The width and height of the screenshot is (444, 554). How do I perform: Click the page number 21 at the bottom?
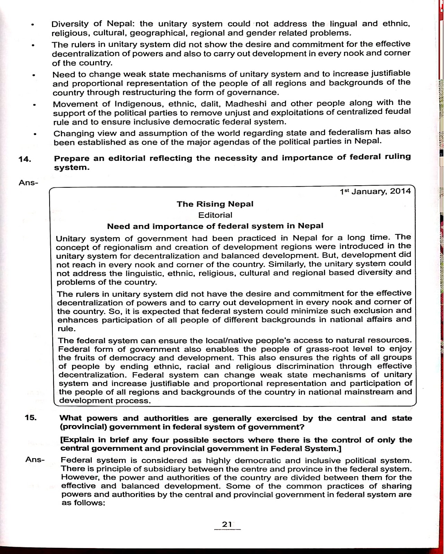(x=227, y=524)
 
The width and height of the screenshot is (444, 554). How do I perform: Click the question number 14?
(x=25, y=159)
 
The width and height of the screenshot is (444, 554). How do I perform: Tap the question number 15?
(x=31, y=418)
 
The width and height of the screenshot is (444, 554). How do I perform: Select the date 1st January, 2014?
(x=375, y=191)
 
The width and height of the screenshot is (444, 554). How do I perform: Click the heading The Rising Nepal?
(x=215, y=204)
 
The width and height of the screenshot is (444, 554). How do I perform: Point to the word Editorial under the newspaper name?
(x=215, y=215)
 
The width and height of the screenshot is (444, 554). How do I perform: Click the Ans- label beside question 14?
(x=28, y=182)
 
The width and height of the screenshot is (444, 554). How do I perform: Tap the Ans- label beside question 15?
(x=35, y=460)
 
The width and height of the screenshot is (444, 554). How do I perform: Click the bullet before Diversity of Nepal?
(x=32, y=25)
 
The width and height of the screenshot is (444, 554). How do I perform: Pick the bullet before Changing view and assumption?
(x=35, y=135)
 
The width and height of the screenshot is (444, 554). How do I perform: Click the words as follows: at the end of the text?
(x=83, y=503)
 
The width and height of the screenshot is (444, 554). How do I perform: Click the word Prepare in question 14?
(x=71, y=159)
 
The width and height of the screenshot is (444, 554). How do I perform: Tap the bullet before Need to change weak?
(x=34, y=75)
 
